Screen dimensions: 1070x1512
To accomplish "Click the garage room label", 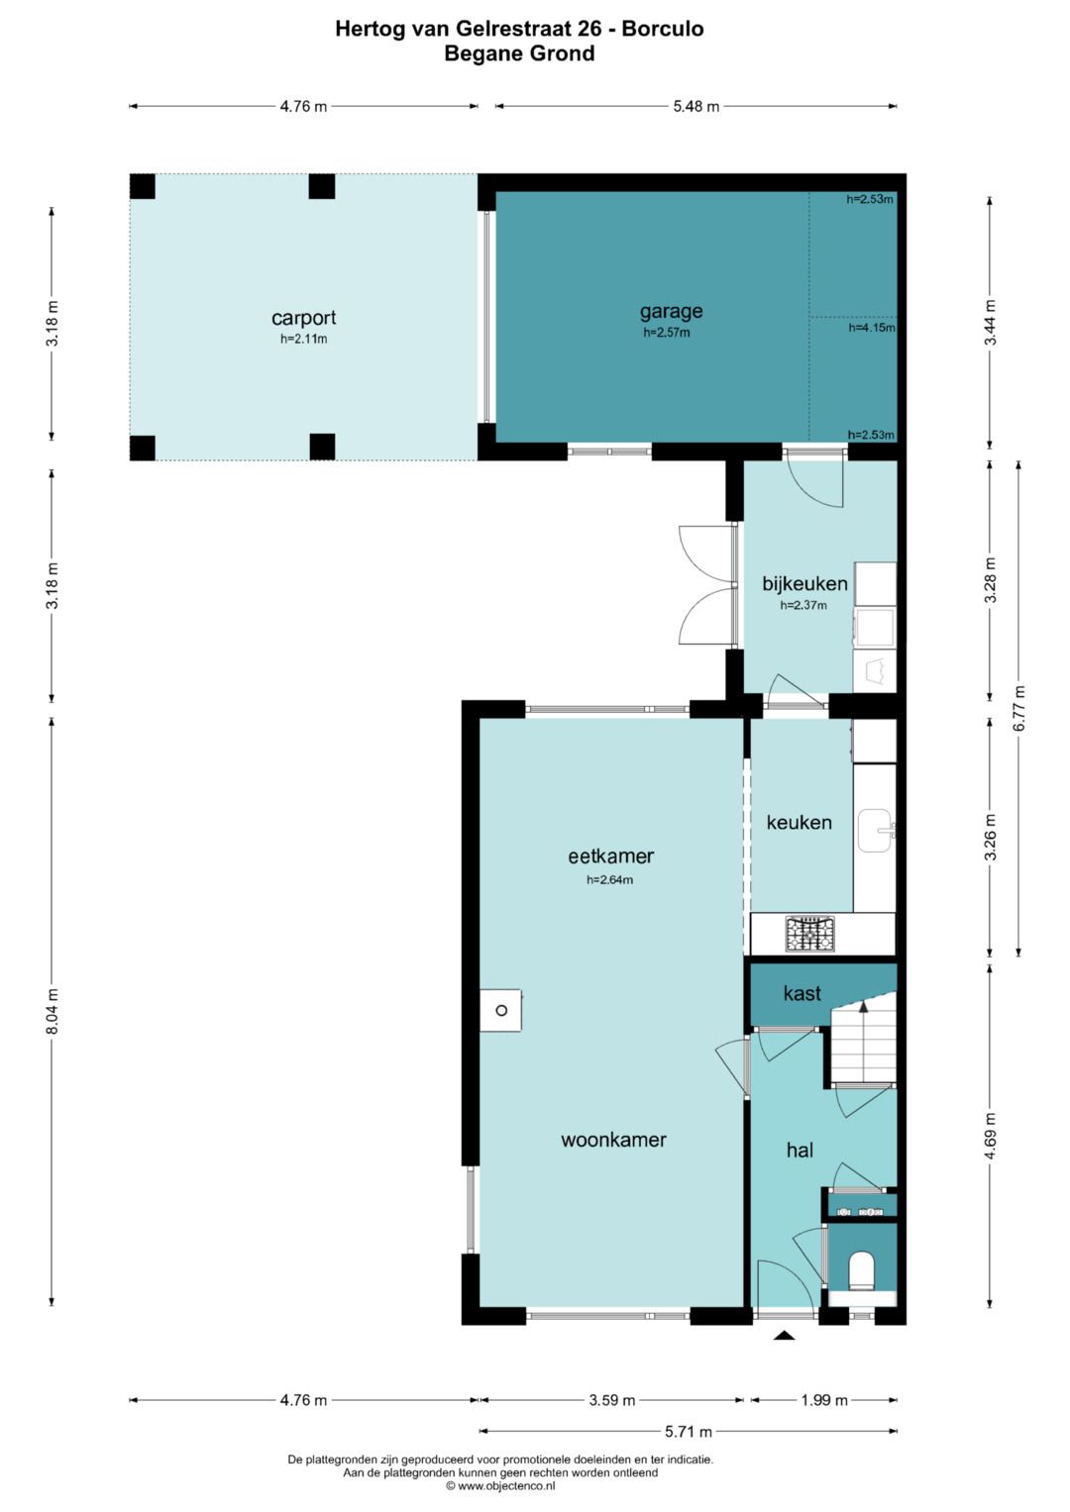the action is pos(671,311).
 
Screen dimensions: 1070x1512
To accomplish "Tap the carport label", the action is pos(303,318).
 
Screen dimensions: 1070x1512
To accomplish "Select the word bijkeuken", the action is pos(804,584).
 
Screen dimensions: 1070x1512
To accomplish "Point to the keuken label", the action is pos(800,822).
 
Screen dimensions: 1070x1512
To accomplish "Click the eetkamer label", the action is pos(610,856).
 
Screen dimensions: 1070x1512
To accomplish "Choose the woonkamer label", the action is pos(613,1140).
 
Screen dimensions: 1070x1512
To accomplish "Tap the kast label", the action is pos(802,993).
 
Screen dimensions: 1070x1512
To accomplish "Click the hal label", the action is pos(800,1150).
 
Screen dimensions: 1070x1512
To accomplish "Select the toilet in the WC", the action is pos(861,1270).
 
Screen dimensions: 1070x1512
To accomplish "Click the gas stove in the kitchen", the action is pos(810,934).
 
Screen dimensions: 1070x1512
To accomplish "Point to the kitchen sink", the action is pos(876,831).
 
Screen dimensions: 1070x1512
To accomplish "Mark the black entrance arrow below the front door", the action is pos(784,1335).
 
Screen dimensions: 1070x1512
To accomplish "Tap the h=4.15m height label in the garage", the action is pos(872,328).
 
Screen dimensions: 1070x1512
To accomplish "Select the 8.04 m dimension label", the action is pos(53,1010).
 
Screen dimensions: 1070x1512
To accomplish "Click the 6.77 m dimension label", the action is pos(1019,708).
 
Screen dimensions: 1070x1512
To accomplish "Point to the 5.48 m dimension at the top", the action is pos(695,106).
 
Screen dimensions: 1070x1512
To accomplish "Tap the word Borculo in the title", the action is pos(663,29).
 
